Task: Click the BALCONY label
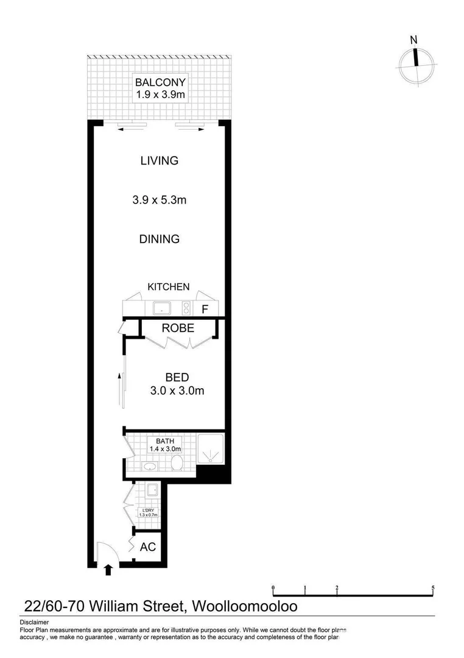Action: [x=160, y=82]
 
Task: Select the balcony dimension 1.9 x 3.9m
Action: [x=160, y=94]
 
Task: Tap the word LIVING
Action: [x=159, y=161]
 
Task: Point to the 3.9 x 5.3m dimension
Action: [x=159, y=200]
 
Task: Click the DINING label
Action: [x=159, y=239]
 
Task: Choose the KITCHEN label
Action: [x=169, y=286]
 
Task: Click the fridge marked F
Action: [x=205, y=309]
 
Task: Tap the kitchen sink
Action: [x=163, y=309]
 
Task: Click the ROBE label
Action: [x=178, y=328]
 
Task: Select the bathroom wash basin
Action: [x=150, y=467]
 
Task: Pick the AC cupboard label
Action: [x=148, y=547]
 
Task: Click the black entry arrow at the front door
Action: [x=109, y=570]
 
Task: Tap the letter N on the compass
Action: [x=414, y=41]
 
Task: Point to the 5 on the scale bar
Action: [x=433, y=589]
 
